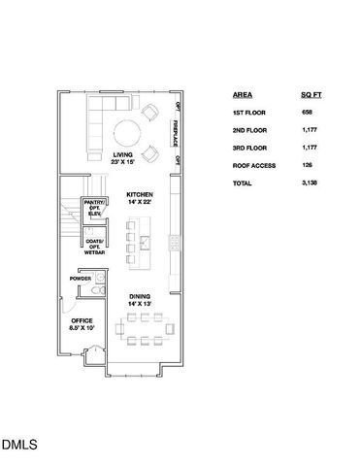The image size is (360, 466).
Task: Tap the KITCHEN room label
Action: (140, 198)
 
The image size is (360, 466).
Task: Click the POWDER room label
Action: (80, 279)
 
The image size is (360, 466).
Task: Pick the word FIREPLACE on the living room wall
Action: (178, 128)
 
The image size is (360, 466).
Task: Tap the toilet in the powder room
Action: (83, 291)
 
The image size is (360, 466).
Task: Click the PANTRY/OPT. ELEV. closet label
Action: (94, 208)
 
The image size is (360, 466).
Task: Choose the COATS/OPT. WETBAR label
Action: (94, 247)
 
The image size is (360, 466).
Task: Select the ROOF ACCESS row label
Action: (254, 165)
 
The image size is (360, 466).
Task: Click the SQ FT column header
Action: (311, 95)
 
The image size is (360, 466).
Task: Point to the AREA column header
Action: (243, 95)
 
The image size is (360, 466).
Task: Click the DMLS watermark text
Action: (19, 446)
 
